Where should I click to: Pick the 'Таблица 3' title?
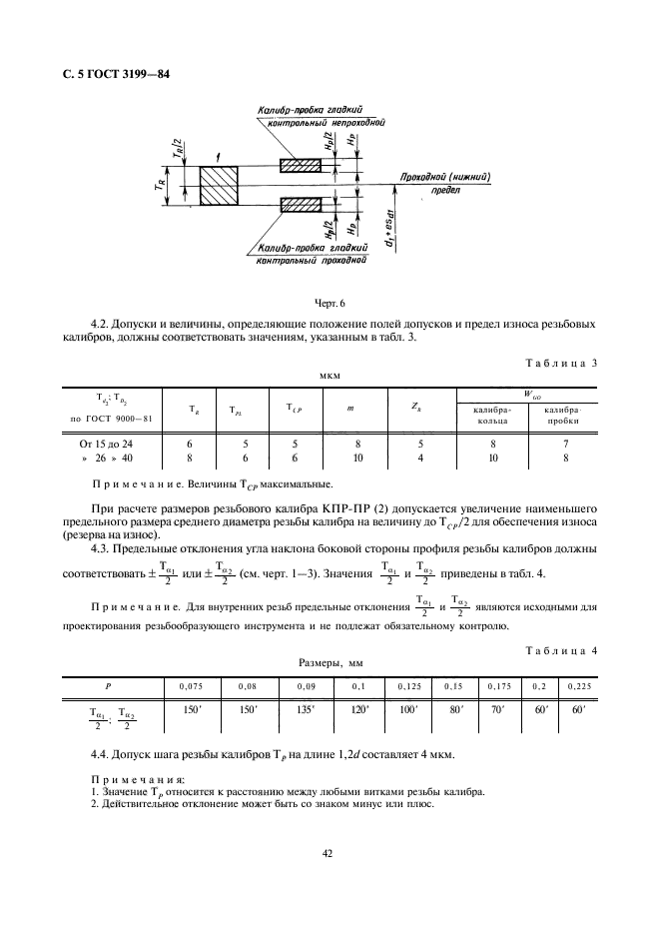(560, 363)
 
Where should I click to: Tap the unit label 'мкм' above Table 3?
(330, 378)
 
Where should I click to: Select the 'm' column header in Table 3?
(350, 408)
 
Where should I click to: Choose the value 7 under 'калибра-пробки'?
(564, 442)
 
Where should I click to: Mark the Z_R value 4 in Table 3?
(420, 457)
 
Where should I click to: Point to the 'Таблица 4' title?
(560, 650)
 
